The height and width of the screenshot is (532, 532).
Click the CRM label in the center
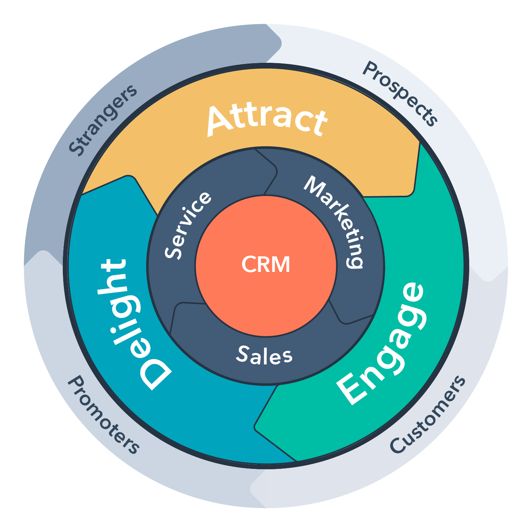tap(266, 265)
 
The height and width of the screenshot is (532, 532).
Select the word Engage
tap(381, 344)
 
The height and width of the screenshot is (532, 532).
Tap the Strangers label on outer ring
tap(103, 120)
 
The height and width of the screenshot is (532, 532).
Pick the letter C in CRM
tap(249, 265)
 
